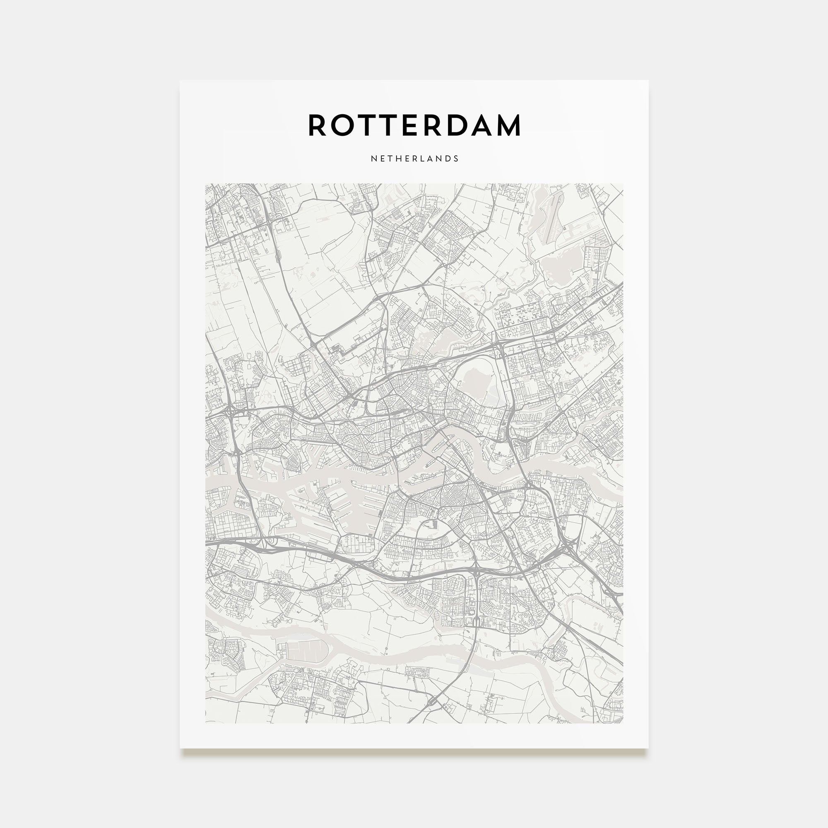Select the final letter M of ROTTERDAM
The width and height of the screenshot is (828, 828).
(508, 125)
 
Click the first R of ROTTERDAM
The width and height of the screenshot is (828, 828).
(318, 125)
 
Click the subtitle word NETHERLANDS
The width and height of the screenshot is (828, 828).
(414, 159)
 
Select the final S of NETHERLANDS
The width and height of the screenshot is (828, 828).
(456, 159)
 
